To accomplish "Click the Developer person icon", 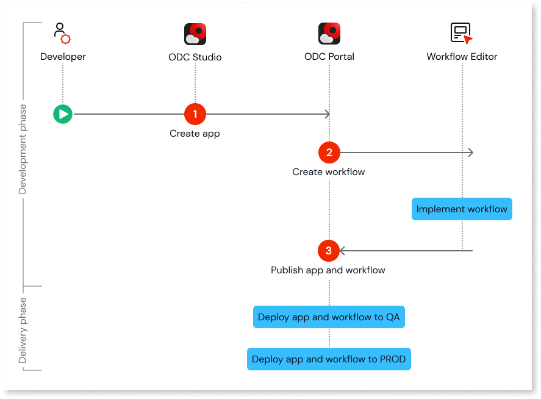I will [x=62, y=34].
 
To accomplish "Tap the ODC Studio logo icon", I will [x=195, y=34].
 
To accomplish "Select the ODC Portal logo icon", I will [x=329, y=34].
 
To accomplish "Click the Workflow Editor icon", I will [x=462, y=33].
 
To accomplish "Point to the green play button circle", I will [x=62, y=113].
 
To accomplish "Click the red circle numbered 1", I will [x=195, y=113].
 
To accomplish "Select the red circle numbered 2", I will [x=329, y=153].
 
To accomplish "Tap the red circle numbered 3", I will [x=329, y=251].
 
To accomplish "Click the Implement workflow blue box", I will [x=462, y=209].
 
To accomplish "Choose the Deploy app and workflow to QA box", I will [x=329, y=317].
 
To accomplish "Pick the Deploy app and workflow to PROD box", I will [x=329, y=359].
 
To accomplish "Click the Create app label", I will [x=195, y=133].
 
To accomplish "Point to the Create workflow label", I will [x=329, y=172].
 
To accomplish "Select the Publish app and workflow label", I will [x=328, y=270].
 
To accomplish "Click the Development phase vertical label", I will [x=23, y=149].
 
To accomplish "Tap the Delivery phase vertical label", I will [x=23, y=330].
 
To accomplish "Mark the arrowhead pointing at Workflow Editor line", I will [x=470, y=153].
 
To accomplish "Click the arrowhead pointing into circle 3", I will [x=343, y=251].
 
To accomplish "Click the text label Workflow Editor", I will [x=462, y=57].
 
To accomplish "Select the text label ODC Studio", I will [x=195, y=57].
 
